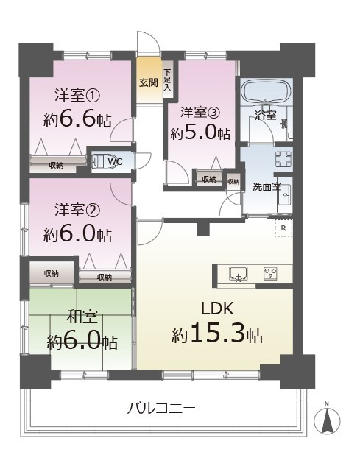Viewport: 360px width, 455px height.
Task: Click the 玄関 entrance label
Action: click(149, 82)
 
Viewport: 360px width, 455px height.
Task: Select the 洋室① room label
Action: click(74, 95)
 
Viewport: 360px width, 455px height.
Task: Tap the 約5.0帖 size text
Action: click(200, 134)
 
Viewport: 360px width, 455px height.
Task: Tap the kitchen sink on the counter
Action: click(237, 274)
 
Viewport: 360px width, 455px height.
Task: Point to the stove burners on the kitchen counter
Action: click(270, 274)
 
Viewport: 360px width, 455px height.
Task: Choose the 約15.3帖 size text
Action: click(217, 335)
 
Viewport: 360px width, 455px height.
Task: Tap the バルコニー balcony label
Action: click(160, 408)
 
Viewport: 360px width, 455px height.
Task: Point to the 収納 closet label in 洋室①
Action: click(55, 165)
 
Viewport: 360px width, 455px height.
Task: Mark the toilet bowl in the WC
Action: click(99, 161)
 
